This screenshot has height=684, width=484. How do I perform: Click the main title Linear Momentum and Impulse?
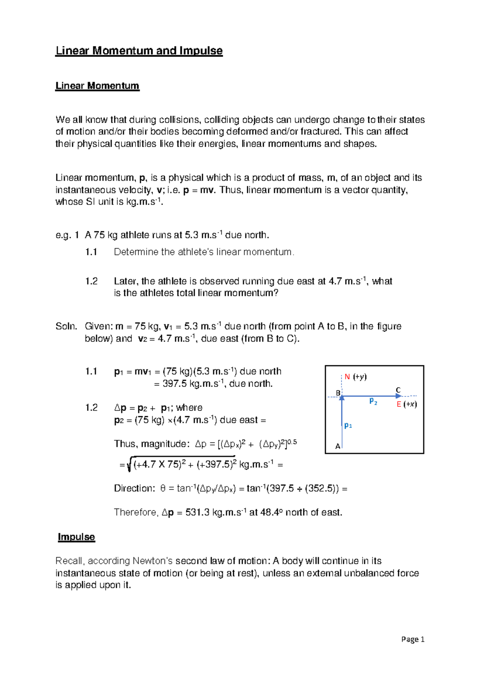(x=139, y=51)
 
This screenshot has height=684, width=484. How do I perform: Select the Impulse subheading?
(x=76, y=537)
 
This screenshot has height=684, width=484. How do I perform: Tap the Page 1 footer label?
(x=413, y=639)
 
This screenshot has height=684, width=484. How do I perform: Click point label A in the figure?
(x=338, y=446)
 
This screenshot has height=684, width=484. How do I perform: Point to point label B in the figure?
(x=338, y=393)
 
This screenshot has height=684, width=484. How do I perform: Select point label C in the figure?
(x=398, y=390)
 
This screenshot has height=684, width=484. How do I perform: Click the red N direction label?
(x=347, y=377)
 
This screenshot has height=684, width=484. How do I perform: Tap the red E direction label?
(x=399, y=404)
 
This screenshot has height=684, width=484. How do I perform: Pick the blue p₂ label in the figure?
(x=373, y=401)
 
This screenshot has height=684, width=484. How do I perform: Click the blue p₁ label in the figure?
(x=348, y=425)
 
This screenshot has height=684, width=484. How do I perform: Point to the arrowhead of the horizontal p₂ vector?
(x=398, y=396)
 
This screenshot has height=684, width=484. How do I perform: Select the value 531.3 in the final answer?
(x=197, y=513)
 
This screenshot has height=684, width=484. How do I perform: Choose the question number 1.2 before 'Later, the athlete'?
(x=92, y=281)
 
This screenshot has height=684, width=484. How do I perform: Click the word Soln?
(x=66, y=326)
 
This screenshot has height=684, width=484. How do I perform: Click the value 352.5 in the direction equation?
(x=320, y=488)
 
